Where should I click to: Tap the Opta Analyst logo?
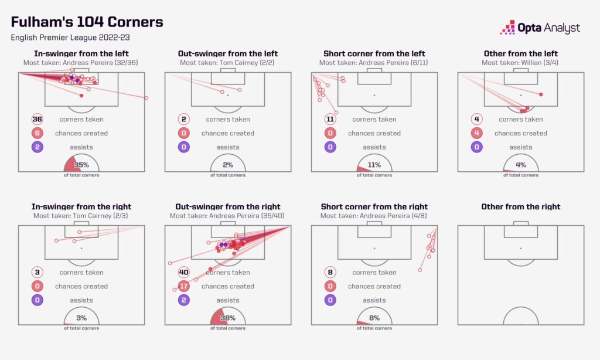(540, 28)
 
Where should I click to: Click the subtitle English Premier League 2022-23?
(69, 38)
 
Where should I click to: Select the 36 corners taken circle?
(37, 119)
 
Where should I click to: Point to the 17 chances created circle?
(184, 286)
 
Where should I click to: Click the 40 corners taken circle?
(184, 272)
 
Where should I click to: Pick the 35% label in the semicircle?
(81, 165)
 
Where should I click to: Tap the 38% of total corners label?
(228, 318)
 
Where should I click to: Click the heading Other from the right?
(520, 206)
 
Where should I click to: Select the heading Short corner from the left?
(374, 53)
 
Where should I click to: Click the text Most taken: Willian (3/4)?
(520, 63)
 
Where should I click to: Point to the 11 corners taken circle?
(330, 119)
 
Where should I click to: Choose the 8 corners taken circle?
(330, 272)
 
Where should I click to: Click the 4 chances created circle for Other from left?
(477, 133)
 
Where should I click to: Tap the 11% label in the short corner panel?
(374, 165)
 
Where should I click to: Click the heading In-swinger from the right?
(81, 206)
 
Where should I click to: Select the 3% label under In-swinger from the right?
(81, 318)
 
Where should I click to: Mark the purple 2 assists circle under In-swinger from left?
(37, 147)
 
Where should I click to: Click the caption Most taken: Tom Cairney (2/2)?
(227, 63)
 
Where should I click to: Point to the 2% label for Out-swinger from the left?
(228, 165)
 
